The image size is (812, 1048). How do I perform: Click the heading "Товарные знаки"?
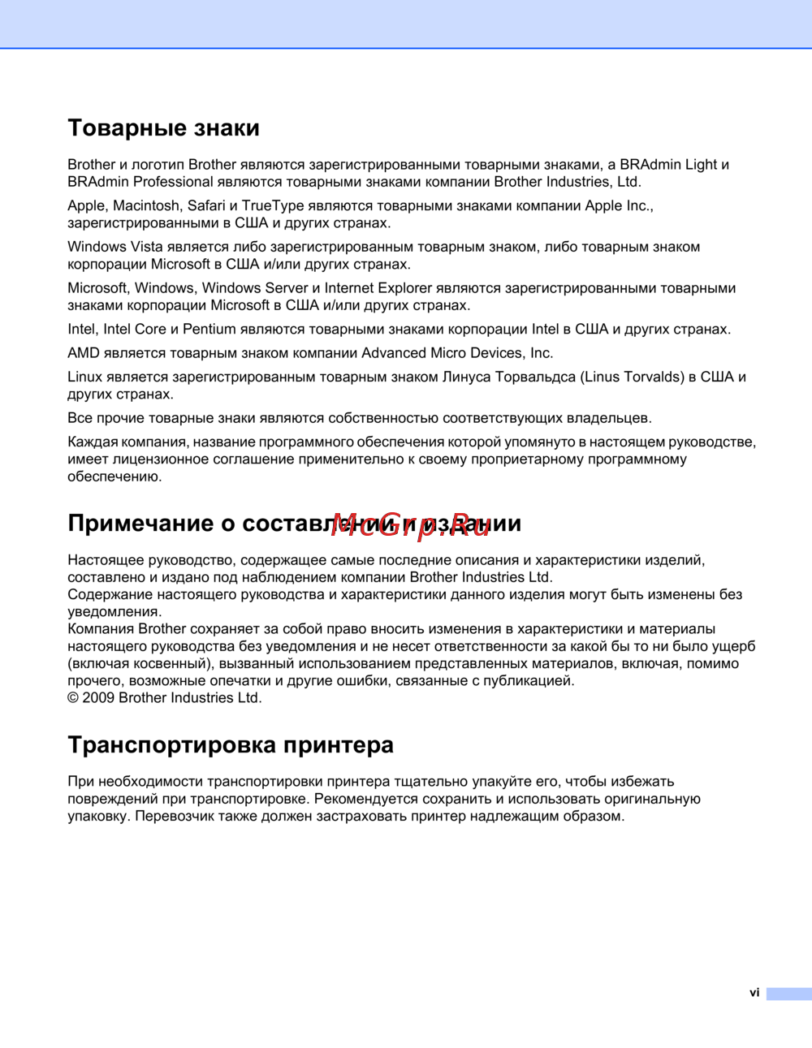(x=163, y=128)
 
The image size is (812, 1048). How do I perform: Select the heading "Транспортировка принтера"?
(x=231, y=745)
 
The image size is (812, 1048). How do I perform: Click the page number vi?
(x=754, y=993)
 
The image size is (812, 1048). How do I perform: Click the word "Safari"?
(x=206, y=206)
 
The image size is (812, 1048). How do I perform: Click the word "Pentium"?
(x=209, y=330)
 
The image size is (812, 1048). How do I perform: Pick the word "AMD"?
(x=83, y=353)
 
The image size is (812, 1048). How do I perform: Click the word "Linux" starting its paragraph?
(x=84, y=377)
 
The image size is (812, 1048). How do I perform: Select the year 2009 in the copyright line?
(x=98, y=698)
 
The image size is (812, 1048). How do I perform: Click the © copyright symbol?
(x=73, y=698)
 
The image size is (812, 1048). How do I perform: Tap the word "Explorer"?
(x=404, y=288)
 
